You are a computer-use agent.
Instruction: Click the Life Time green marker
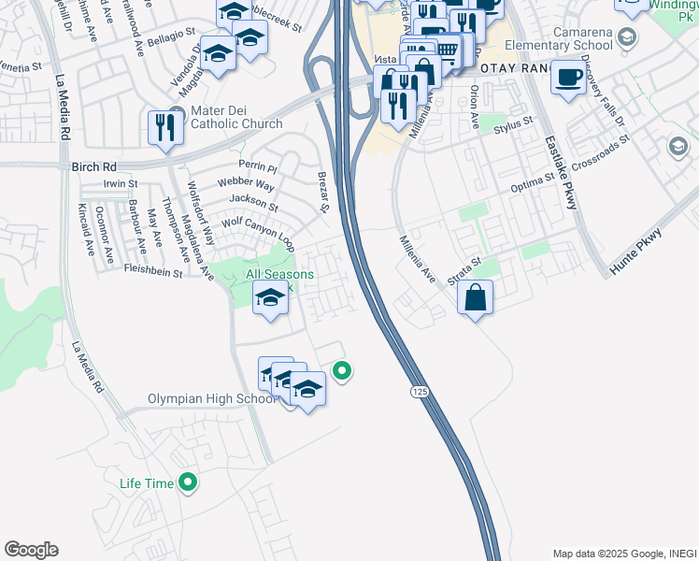[x=188, y=482]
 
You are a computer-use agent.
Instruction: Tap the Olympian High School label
[x=212, y=398]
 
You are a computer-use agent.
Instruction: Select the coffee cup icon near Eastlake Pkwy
[x=567, y=78]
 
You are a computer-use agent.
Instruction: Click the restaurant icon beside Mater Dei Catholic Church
[x=165, y=127]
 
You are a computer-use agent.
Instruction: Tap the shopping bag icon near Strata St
[x=476, y=298]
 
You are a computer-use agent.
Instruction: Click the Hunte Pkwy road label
[x=635, y=251]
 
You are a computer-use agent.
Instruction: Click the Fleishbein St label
[x=153, y=272]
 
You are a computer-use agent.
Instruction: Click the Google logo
[x=31, y=550]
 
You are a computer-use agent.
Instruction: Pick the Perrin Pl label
[x=258, y=168]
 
